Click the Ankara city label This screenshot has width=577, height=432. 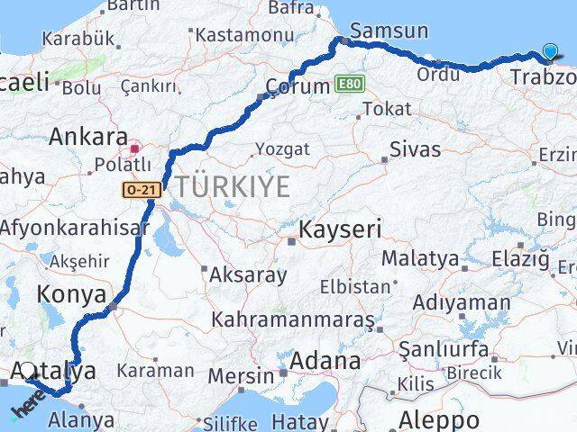pos(87,137)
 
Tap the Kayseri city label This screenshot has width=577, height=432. pos(340,229)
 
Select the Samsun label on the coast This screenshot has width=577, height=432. pos(389,30)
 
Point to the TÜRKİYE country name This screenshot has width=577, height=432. pos(233,187)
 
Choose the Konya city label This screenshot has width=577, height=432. pos(71,294)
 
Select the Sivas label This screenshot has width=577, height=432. pos(415,148)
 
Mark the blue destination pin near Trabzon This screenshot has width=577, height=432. pos(551,52)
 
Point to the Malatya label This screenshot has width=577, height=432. pos(419,258)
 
